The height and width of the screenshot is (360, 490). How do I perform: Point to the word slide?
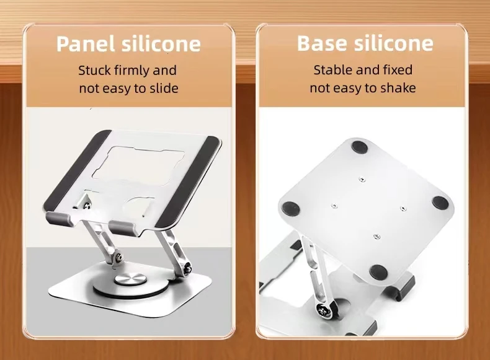163,88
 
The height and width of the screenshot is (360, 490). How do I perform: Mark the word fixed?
397,70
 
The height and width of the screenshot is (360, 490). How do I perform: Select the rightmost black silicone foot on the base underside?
440,203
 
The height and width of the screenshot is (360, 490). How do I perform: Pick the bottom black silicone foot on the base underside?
376,271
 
